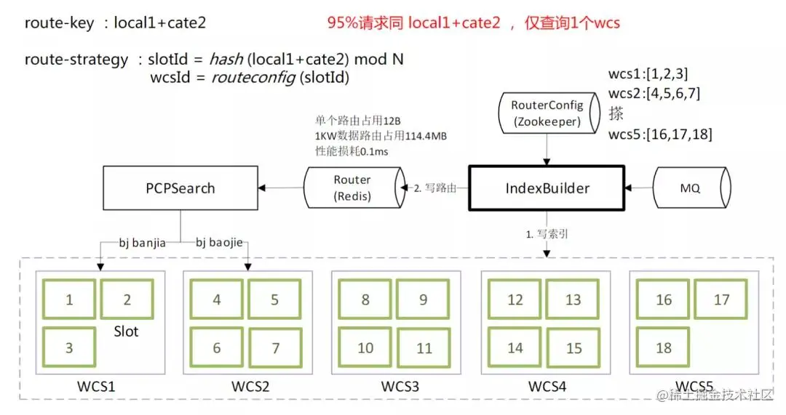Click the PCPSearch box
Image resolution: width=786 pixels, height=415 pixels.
181,188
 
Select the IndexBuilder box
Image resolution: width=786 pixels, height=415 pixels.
547,188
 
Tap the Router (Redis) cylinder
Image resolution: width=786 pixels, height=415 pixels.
352,188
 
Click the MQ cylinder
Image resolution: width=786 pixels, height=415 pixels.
690,188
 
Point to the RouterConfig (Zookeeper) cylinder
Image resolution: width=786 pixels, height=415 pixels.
547,113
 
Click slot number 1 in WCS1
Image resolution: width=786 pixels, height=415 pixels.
69,299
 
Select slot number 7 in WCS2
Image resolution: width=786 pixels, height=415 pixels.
276,348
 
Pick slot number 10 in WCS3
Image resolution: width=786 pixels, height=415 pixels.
365,348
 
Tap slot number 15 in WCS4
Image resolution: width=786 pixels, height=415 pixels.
574,349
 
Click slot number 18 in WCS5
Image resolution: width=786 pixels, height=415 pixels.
663,348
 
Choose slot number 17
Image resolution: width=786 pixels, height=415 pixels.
721,299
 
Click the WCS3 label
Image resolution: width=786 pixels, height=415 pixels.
400,386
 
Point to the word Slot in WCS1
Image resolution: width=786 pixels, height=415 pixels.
127,331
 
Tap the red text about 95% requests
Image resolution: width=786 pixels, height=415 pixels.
473,23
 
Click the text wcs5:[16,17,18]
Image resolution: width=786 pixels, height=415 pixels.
660,134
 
